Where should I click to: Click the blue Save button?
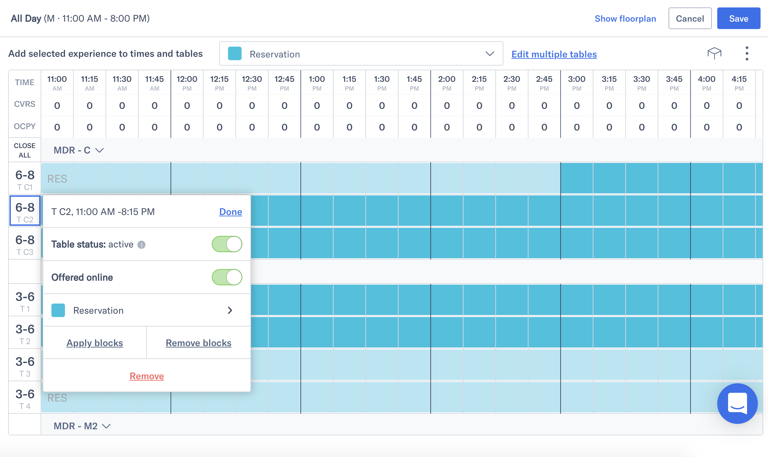tap(738, 19)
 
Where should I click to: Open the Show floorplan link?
tap(625, 19)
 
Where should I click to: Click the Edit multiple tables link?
tap(554, 54)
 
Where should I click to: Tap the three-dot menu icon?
tap(747, 53)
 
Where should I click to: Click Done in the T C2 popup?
tap(230, 212)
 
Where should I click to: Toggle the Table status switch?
tap(227, 244)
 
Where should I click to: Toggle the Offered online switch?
tap(227, 277)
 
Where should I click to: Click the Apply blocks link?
tap(95, 343)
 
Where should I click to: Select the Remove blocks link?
tap(199, 343)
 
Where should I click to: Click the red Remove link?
tap(147, 376)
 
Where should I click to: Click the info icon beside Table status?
tap(141, 245)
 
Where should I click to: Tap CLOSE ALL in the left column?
tap(25, 150)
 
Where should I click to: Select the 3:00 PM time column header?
tap(577, 83)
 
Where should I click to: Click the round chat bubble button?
tap(737, 403)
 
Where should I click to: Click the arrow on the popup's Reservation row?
tap(230, 310)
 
